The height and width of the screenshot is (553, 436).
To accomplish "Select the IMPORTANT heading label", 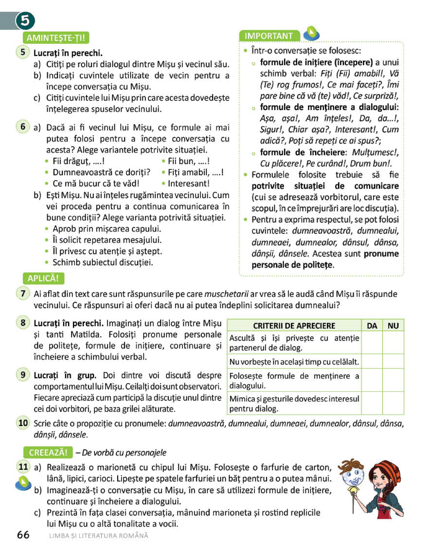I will [x=269, y=36].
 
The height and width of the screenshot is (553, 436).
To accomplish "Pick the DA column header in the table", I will [x=372, y=325].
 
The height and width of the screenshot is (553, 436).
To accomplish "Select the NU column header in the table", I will [x=393, y=325].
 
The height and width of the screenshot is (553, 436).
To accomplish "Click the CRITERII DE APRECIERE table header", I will [x=294, y=325].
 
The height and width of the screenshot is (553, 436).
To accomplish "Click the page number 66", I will [x=23, y=535].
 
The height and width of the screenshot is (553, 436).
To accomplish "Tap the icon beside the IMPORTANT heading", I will [x=311, y=34].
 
